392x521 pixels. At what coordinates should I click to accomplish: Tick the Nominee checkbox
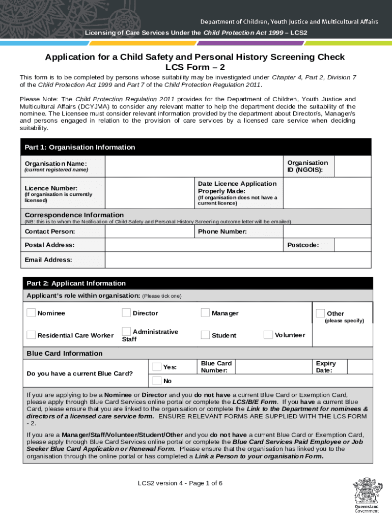click(31, 312)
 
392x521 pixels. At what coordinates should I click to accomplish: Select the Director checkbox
click(126, 312)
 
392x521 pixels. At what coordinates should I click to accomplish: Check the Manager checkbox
click(205, 312)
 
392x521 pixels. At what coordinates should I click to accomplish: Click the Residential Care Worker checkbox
click(31, 335)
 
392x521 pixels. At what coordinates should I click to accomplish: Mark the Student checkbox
click(205, 335)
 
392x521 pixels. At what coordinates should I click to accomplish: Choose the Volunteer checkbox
click(268, 334)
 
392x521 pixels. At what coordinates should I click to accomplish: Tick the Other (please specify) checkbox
click(320, 313)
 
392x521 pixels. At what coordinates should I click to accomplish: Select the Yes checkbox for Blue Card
click(157, 366)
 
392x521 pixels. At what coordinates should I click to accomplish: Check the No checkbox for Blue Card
click(157, 381)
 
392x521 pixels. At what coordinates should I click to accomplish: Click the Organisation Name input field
click(193, 166)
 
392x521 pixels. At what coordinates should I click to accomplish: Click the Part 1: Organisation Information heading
click(80, 147)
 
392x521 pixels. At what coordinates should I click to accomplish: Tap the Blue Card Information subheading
click(65, 353)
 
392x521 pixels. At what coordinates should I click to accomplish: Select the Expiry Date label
click(325, 367)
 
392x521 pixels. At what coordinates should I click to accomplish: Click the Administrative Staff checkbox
click(126, 331)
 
